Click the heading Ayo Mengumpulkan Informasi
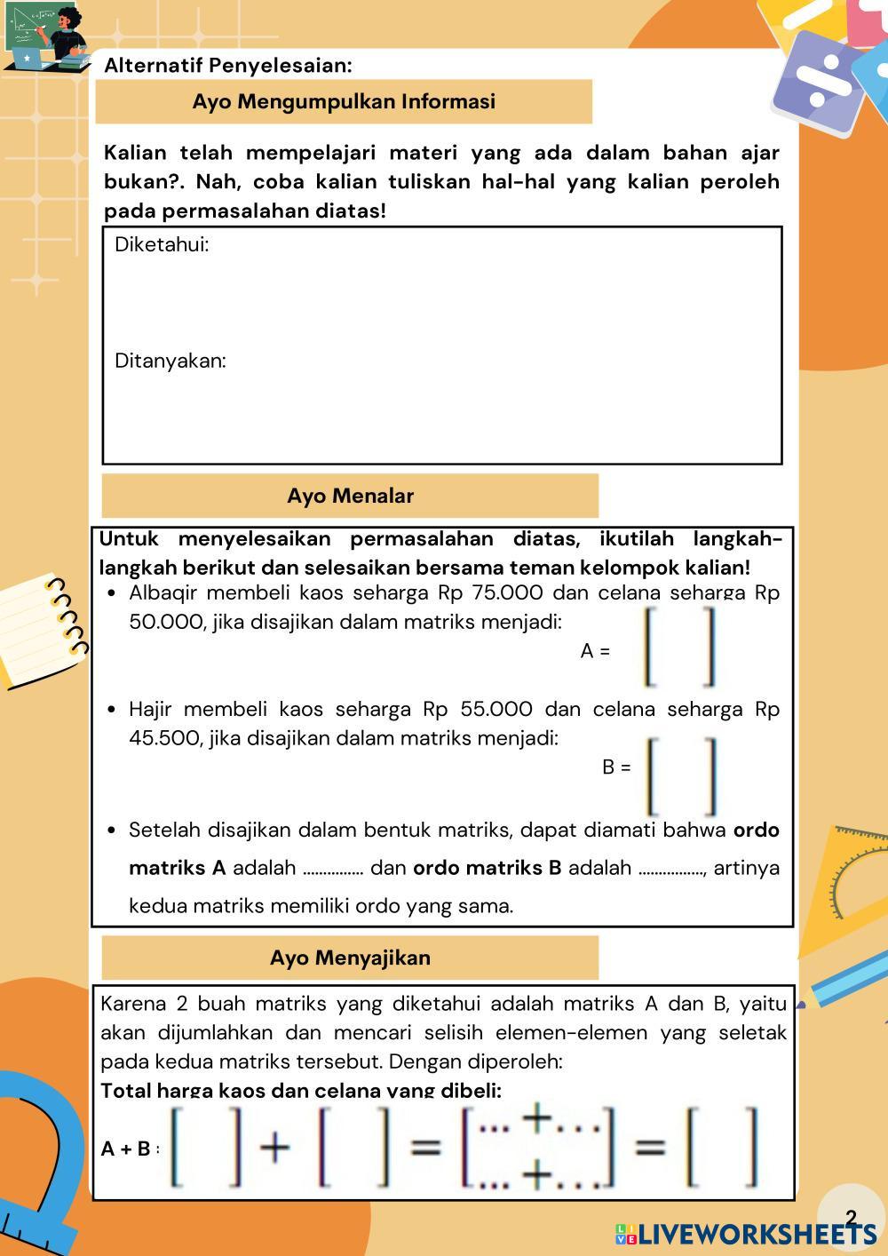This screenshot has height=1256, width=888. [344, 101]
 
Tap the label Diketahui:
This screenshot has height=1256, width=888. [162, 245]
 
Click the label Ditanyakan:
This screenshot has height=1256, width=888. [170, 361]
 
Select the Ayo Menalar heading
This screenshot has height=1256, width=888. [350, 496]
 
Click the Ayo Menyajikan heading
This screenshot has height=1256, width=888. [350, 958]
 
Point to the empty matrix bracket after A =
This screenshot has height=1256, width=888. [679, 647]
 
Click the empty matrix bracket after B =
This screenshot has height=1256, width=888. [682, 776]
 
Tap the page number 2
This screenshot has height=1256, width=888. [852, 1218]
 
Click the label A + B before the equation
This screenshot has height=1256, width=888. [126, 1149]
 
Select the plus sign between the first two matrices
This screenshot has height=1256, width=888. [275, 1148]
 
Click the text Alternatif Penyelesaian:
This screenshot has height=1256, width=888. [228, 66]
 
